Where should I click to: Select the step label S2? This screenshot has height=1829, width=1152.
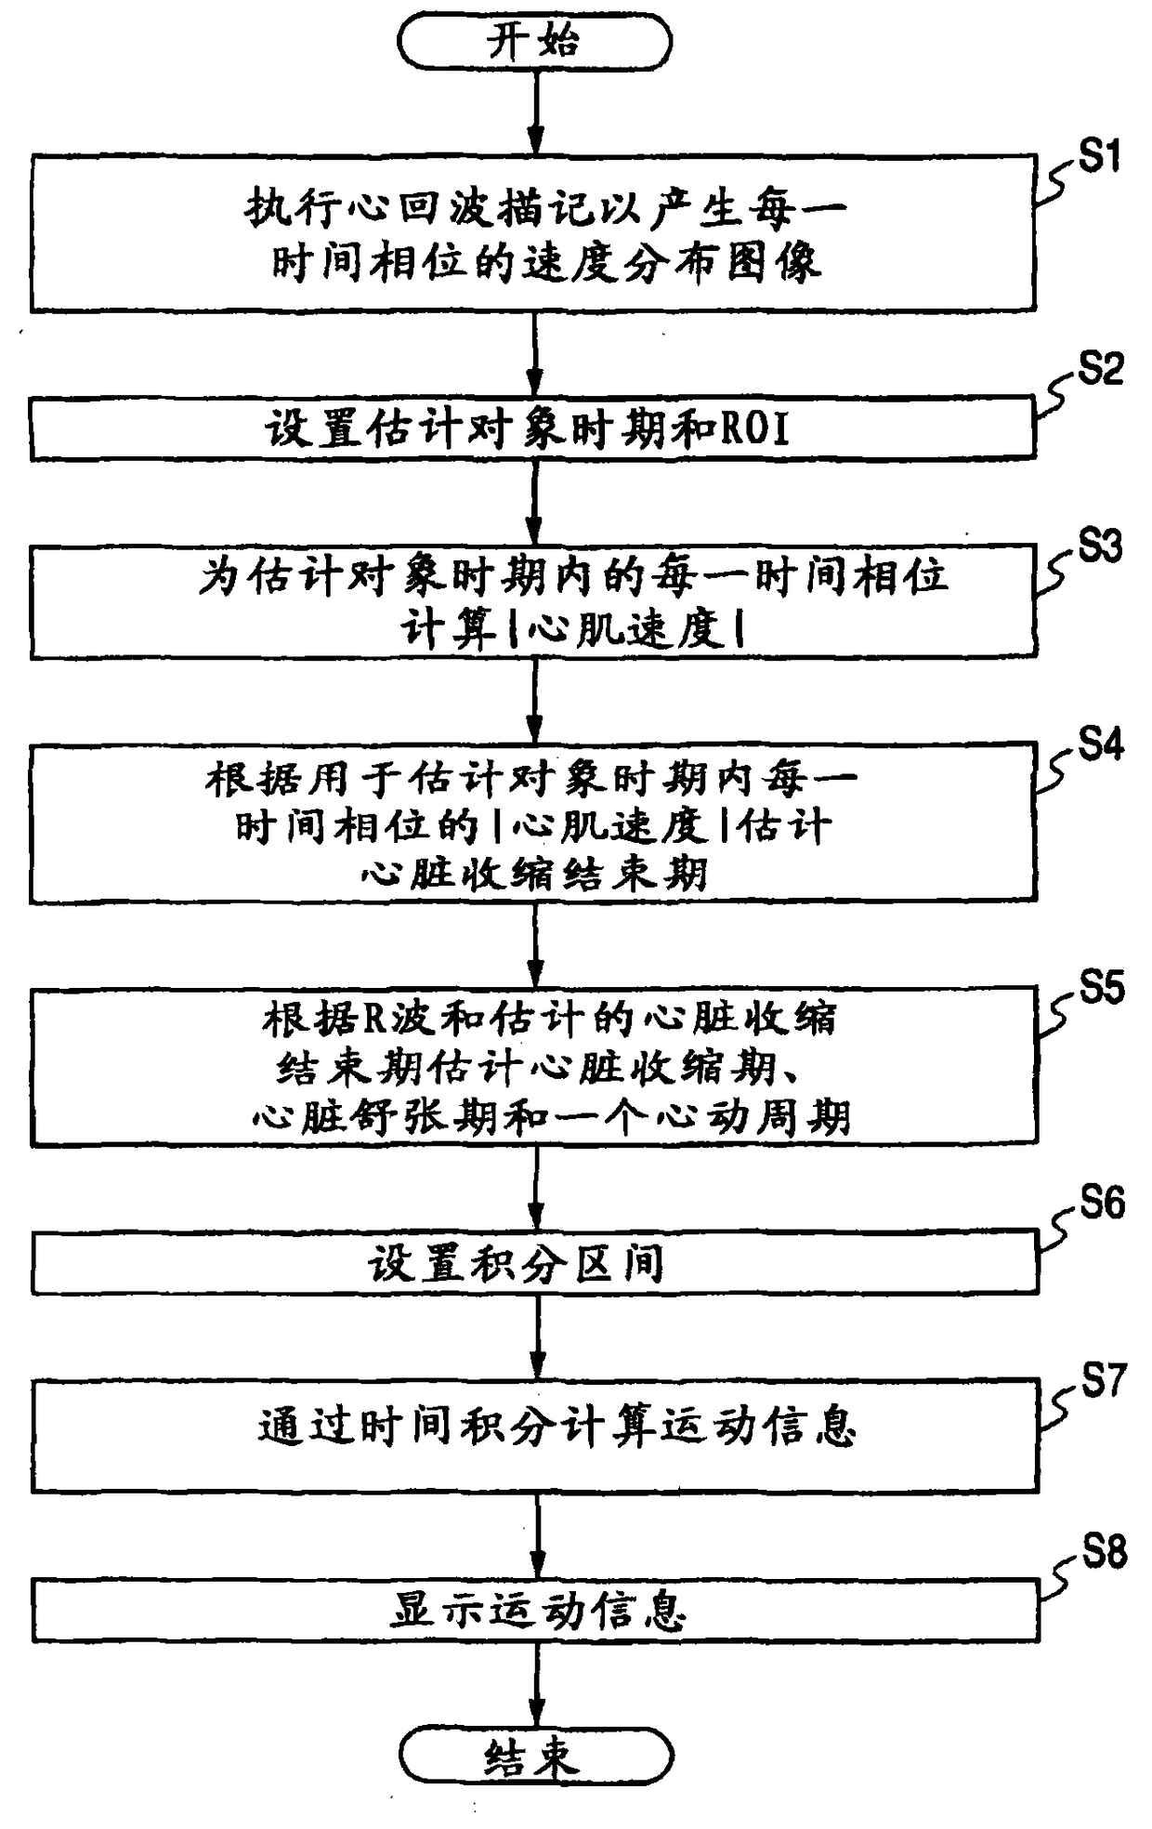pyautogui.click(x=1100, y=369)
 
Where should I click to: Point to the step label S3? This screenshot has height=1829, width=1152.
pyautogui.click(x=1100, y=546)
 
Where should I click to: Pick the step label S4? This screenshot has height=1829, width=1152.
pyautogui.click(x=1101, y=744)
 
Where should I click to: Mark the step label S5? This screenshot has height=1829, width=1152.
pyautogui.click(x=1102, y=988)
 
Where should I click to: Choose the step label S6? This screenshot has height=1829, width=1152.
pyautogui.click(x=1102, y=1203)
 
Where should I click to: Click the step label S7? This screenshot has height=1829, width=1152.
pyautogui.click(x=1104, y=1381)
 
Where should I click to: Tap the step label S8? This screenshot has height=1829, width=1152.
pyautogui.click(x=1104, y=1552)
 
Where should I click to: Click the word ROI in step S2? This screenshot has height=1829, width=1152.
pyautogui.click(x=755, y=429)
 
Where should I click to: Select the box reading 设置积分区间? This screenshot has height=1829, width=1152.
pyautogui.click(x=535, y=1263)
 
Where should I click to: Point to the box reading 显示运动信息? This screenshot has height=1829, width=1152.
pyautogui.click(x=536, y=1611)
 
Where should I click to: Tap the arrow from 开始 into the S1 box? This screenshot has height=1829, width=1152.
pyautogui.click(x=535, y=112)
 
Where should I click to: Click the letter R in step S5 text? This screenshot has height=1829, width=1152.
pyautogui.click(x=373, y=1020)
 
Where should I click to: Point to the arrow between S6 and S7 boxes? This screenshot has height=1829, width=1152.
pyautogui.click(x=537, y=1336)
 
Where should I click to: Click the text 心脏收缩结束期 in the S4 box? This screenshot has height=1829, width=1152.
pyautogui.click(x=534, y=875)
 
